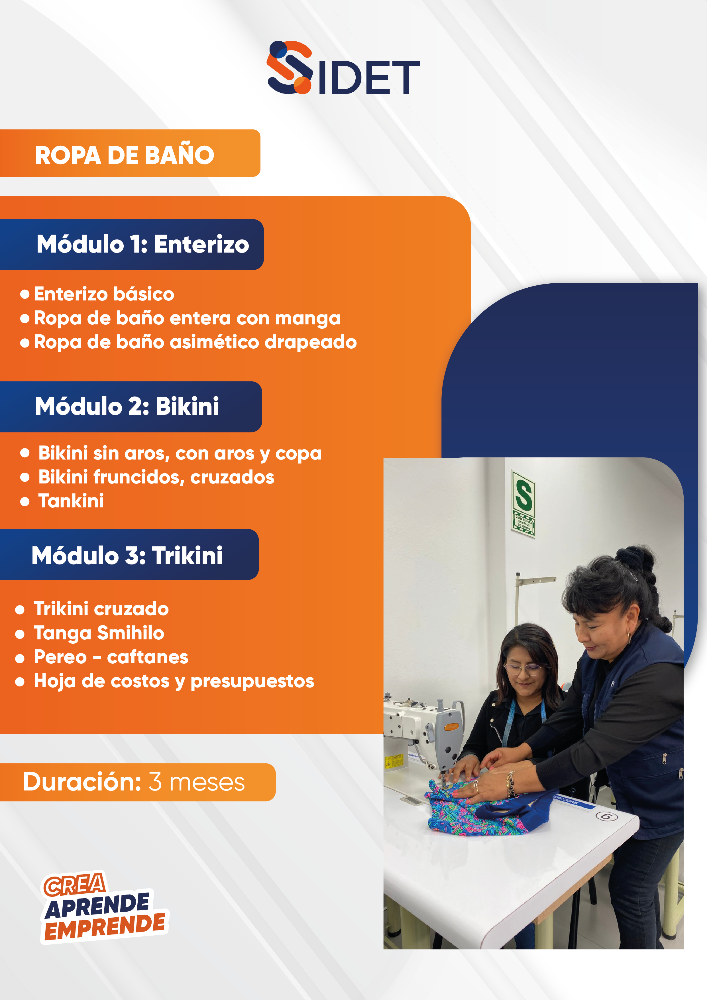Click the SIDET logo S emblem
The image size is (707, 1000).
(x=290, y=68)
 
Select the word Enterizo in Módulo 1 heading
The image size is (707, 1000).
(x=201, y=244)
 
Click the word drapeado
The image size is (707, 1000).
(x=311, y=342)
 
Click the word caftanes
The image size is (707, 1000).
(x=148, y=657)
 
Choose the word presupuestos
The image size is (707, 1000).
(x=252, y=682)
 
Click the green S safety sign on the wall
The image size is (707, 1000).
(x=523, y=504)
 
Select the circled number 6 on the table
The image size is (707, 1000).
(x=606, y=816)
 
